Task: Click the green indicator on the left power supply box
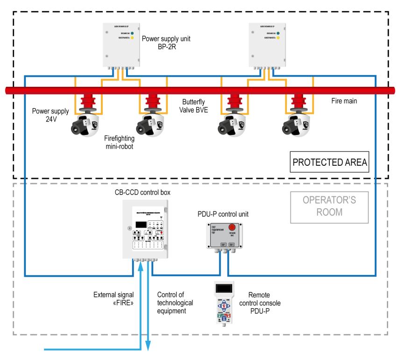pyautogui.click(x=132, y=34)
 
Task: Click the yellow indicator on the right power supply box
pyautogui.click(x=278, y=38)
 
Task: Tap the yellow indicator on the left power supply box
pyautogui.click(x=132, y=38)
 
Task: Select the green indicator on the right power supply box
pyautogui.click(x=278, y=34)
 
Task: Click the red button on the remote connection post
pyautogui.click(x=232, y=227)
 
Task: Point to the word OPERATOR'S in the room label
pyautogui.click(x=329, y=200)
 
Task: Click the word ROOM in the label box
pyautogui.click(x=329, y=212)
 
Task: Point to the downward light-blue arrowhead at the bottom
pyautogui.click(x=148, y=346)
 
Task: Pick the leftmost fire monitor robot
pyautogui.click(x=85, y=125)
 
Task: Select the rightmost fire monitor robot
pyautogui.click(x=296, y=125)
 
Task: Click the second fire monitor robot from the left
pyautogui.click(x=150, y=125)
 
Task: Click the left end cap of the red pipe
pyautogui.click(x=8, y=91)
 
